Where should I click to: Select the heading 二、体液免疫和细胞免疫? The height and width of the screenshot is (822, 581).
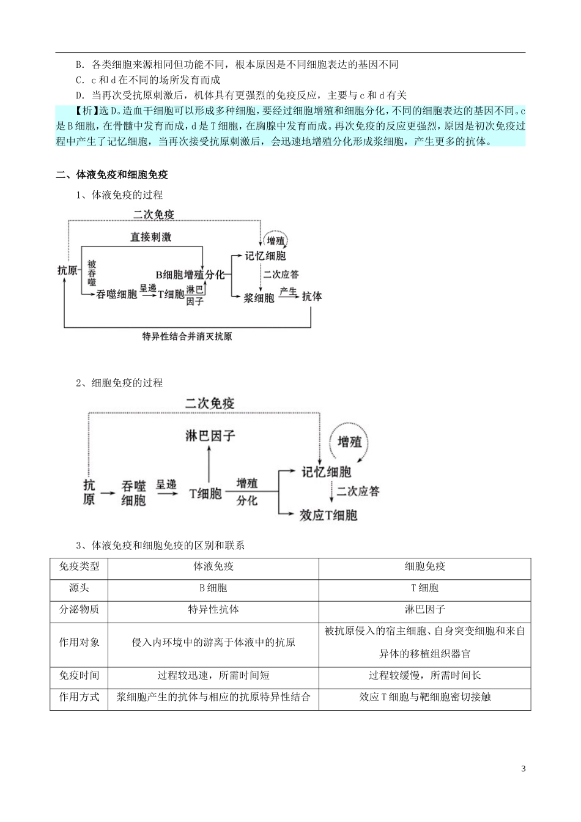point(112,175)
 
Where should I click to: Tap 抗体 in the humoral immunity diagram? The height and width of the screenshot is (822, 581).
point(312,297)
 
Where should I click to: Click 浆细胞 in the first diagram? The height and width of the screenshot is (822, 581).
point(259,297)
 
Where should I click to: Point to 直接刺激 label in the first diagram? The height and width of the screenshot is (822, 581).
point(150,237)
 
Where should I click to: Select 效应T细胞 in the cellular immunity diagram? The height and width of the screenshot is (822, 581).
point(328,515)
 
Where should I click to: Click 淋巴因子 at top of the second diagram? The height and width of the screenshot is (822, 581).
point(210,436)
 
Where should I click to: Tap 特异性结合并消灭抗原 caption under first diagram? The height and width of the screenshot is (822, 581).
point(187,336)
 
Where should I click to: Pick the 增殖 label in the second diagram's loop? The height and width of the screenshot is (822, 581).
point(350,442)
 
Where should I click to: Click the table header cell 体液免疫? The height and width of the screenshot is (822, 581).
point(213,567)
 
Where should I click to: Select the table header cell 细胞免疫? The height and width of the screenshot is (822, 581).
point(425,567)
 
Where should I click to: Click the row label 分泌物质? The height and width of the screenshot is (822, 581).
point(79,610)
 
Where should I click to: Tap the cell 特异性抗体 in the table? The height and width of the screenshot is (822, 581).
point(213,610)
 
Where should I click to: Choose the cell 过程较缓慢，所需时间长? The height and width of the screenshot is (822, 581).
point(425,676)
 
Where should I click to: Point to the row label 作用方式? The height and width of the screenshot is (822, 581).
point(79,697)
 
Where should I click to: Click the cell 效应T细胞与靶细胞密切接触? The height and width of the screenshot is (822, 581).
point(425,697)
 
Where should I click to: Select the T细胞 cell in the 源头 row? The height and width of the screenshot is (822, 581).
point(425,588)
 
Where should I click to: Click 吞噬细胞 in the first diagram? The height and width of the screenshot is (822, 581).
point(117,295)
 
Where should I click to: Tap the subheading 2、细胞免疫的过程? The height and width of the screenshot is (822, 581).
point(119,383)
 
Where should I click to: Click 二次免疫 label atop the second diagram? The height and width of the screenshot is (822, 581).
point(210,404)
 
